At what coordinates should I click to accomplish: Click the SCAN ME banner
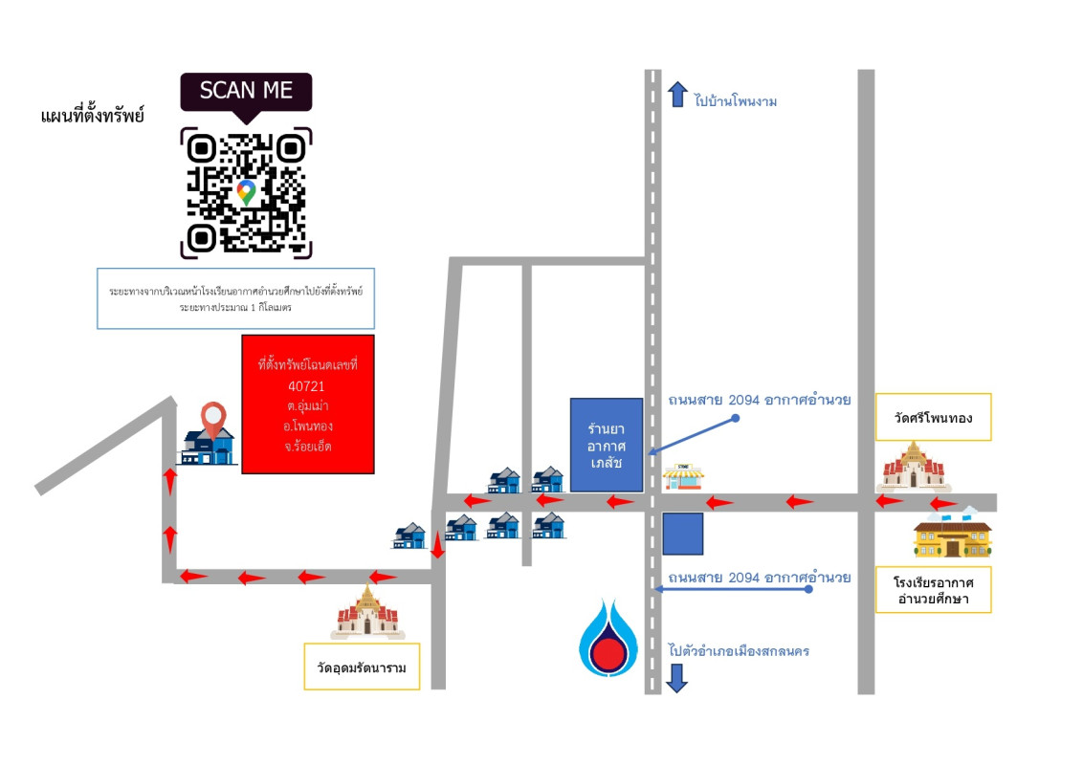(x=246, y=91)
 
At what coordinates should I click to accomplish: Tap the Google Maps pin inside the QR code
(x=246, y=191)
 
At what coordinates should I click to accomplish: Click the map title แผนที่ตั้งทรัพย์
(x=93, y=116)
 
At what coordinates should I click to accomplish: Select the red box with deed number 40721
(x=307, y=404)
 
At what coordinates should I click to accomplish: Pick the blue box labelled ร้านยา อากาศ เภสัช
(x=607, y=446)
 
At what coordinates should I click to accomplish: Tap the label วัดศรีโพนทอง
(x=933, y=417)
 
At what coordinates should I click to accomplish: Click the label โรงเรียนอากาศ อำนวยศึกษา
(x=933, y=589)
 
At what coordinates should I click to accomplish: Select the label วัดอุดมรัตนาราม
(x=363, y=668)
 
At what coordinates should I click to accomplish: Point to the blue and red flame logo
(x=607, y=637)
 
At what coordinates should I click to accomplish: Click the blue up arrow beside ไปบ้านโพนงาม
(x=677, y=94)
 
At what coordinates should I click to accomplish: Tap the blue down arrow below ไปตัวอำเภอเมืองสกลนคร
(x=677, y=678)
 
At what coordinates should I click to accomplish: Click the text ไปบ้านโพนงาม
(x=737, y=100)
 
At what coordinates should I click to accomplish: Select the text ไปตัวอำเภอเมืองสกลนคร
(x=739, y=651)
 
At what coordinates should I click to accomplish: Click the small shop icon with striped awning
(x=684, y=476)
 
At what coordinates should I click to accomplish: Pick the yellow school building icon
(x=952, y=536)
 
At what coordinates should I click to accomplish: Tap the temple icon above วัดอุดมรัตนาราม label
(x=367, y=612)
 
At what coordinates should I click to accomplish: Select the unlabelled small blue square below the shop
(x=683, y=534)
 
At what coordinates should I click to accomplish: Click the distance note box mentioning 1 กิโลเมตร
(x=236, y=297)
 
